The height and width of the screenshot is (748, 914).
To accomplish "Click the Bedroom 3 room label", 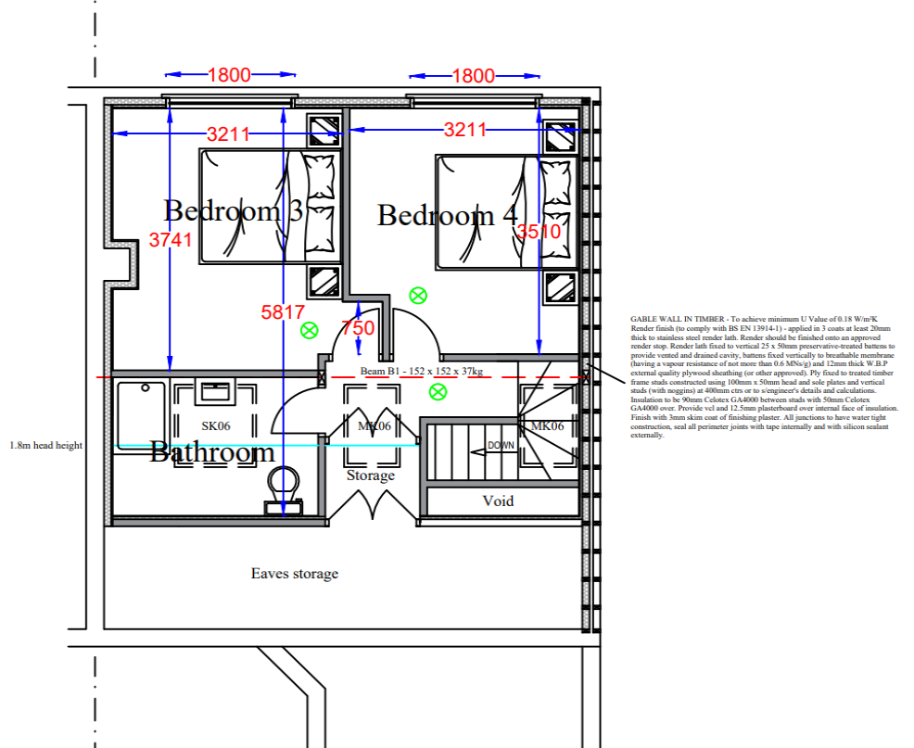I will (233, 210).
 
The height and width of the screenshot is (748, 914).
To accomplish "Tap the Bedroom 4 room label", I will (447, 215).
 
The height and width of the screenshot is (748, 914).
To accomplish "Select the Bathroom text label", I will (212, 452).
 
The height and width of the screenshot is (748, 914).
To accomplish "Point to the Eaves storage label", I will (295, 574).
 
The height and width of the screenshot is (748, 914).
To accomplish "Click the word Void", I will (498, 501).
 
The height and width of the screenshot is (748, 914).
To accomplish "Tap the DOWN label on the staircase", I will (501, 446).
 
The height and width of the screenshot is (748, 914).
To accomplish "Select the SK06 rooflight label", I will (216, 425).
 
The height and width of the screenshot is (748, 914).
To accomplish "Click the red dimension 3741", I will (170, 240).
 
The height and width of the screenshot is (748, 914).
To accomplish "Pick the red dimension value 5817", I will (282, 312).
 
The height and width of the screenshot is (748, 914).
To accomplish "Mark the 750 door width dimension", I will (358, 328).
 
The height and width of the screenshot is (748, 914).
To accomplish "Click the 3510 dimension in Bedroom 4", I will (539, 232).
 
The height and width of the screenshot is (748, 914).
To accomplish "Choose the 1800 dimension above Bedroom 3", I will (229, 75).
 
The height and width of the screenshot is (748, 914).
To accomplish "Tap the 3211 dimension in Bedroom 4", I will (464, 130).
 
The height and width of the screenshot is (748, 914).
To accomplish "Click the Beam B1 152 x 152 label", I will (422, 371).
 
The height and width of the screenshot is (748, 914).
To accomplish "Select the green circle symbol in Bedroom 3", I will (309, 329).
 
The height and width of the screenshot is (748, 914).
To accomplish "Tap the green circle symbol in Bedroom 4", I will (418, 296).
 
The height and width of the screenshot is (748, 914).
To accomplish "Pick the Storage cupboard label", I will (371, 475).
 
